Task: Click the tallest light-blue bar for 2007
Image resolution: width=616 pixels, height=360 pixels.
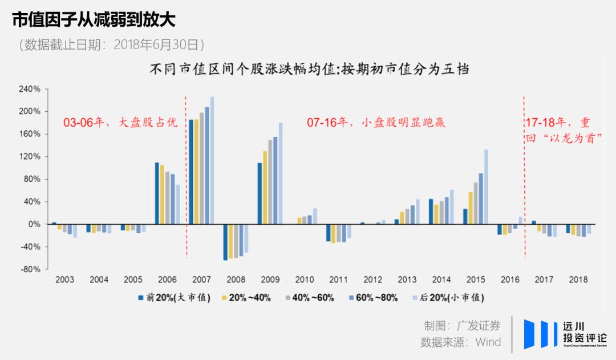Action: (x=212, y=160)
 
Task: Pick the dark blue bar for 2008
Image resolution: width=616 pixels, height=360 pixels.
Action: (x=225, y=242)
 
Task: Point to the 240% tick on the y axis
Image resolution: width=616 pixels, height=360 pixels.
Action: (x=29, y=89)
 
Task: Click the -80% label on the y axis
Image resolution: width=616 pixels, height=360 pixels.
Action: (x=29, y=269)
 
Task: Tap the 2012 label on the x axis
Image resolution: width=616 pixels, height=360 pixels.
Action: (x=372, y=280)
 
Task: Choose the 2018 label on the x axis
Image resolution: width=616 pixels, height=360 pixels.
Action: (x=578, y=280)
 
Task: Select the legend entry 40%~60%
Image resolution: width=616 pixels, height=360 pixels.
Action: (x=313, y=298)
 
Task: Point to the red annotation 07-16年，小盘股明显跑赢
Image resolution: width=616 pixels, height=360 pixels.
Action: (x=375, y=123)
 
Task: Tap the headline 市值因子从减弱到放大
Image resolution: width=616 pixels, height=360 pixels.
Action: (x=94, y=20)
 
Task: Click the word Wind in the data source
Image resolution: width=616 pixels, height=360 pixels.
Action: (x=488, y=342)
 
